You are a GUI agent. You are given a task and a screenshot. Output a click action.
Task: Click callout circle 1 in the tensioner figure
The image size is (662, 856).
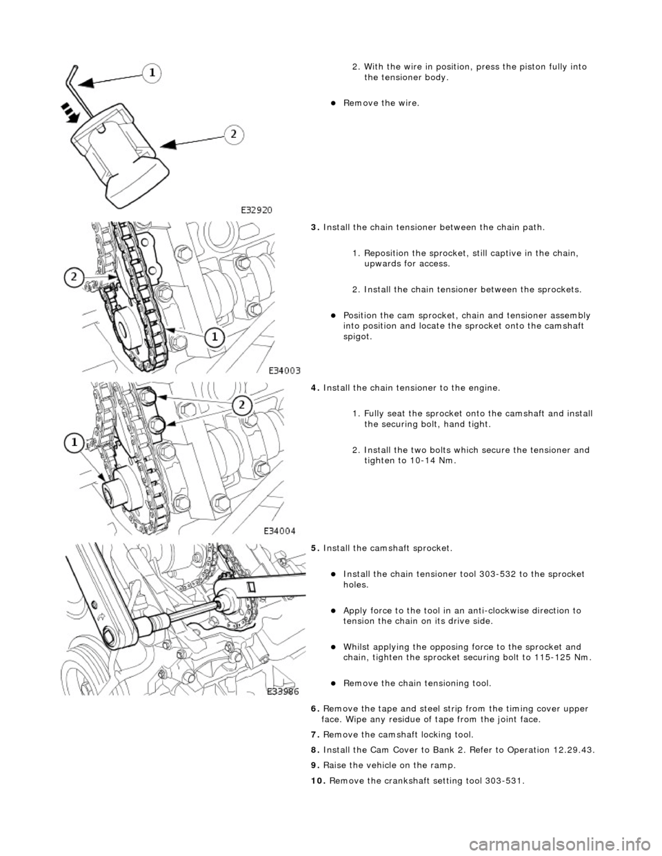154,71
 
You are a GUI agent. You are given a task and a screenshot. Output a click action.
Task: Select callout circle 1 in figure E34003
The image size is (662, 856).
216,338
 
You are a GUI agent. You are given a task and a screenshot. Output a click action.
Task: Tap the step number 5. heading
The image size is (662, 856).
315,548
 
